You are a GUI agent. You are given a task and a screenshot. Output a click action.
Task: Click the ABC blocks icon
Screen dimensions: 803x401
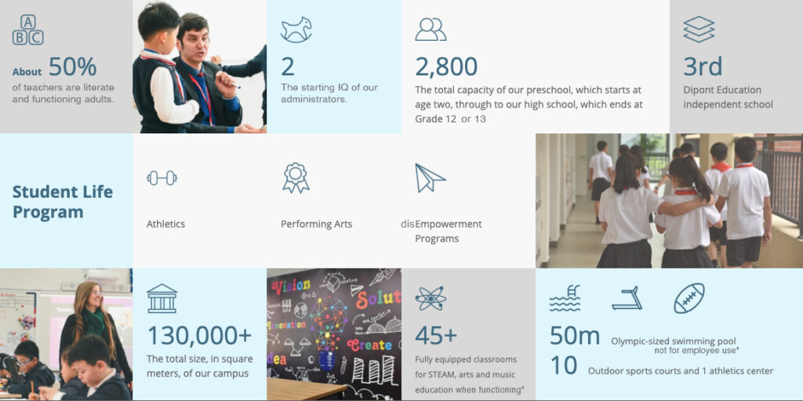27,30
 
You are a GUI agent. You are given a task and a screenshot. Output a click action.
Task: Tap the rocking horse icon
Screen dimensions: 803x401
296,30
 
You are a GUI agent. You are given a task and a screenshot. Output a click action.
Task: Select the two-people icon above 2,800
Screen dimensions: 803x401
431,29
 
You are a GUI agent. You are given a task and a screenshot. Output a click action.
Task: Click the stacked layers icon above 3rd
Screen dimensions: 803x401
699,29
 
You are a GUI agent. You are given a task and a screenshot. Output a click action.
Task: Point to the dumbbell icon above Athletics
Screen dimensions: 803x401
162,178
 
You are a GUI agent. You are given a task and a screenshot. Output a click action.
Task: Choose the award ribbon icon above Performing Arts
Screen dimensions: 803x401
296,178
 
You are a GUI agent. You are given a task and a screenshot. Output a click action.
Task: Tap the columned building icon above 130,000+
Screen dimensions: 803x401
162,298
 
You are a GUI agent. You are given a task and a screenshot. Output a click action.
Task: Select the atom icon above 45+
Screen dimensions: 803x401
431,298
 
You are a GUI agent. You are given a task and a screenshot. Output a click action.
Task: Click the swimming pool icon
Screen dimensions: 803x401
565,298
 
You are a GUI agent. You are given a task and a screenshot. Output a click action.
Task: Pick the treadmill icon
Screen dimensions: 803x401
627,298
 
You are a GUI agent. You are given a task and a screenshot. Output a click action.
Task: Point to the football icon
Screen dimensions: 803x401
689,298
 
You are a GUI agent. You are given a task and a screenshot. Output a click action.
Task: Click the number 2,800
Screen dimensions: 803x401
446,67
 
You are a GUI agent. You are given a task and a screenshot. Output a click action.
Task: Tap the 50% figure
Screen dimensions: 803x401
73,67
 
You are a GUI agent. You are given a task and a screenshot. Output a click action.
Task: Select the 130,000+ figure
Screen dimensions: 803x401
199,335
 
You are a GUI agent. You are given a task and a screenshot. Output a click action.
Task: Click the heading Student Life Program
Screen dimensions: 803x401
63,202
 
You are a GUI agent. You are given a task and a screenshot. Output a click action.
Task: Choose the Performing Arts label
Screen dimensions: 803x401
317,224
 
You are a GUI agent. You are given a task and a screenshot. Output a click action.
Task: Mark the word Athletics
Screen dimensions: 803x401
166,224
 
